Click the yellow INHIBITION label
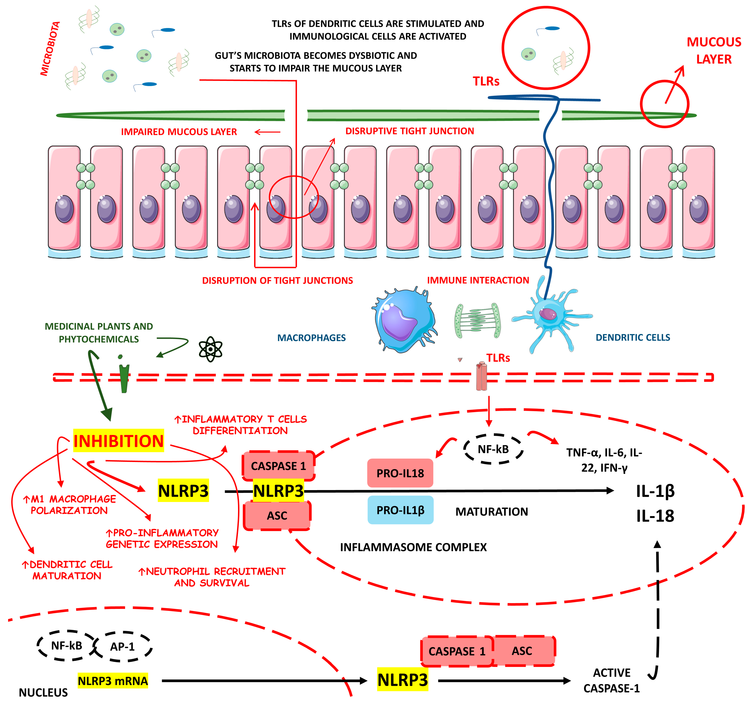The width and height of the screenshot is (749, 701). [x=118, y=441]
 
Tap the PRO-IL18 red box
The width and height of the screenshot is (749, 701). [x=400, y=473]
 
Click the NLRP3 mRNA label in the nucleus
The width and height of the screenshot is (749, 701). [x=113, y=681]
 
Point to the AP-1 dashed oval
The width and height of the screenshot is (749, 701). [x=122, y=646]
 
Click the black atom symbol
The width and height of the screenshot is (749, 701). [x=210, y=349]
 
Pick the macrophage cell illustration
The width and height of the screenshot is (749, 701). [x=403, y=320]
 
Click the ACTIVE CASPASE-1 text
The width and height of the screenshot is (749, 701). [x=611, y=680]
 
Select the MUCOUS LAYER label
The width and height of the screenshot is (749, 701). [x=714, y=50]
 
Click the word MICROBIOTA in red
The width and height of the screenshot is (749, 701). [x=50, y=49]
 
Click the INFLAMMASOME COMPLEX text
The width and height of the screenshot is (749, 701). [x=413, y=547]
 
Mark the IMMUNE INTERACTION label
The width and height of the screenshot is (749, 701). [x=478, y=280]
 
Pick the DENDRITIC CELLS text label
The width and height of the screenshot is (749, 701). [x=633, y=338]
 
